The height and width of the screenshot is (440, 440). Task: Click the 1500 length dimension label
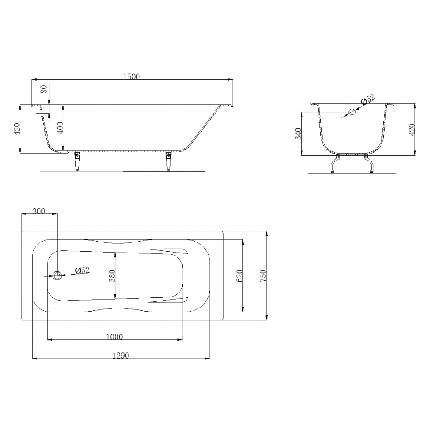click(132, 77)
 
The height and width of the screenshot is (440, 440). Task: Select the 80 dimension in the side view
click(44, 90)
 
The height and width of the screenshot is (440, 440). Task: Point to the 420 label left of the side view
click(17, 129)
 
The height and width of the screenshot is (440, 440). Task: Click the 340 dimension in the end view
click(298, 134)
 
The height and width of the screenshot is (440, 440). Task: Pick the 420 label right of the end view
click(412, 129)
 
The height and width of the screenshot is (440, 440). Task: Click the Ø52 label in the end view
click(368, 99)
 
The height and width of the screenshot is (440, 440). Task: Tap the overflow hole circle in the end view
click(352, 112)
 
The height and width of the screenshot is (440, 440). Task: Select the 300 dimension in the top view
click(39, 211)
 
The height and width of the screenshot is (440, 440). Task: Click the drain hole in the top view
click(57, 275)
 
